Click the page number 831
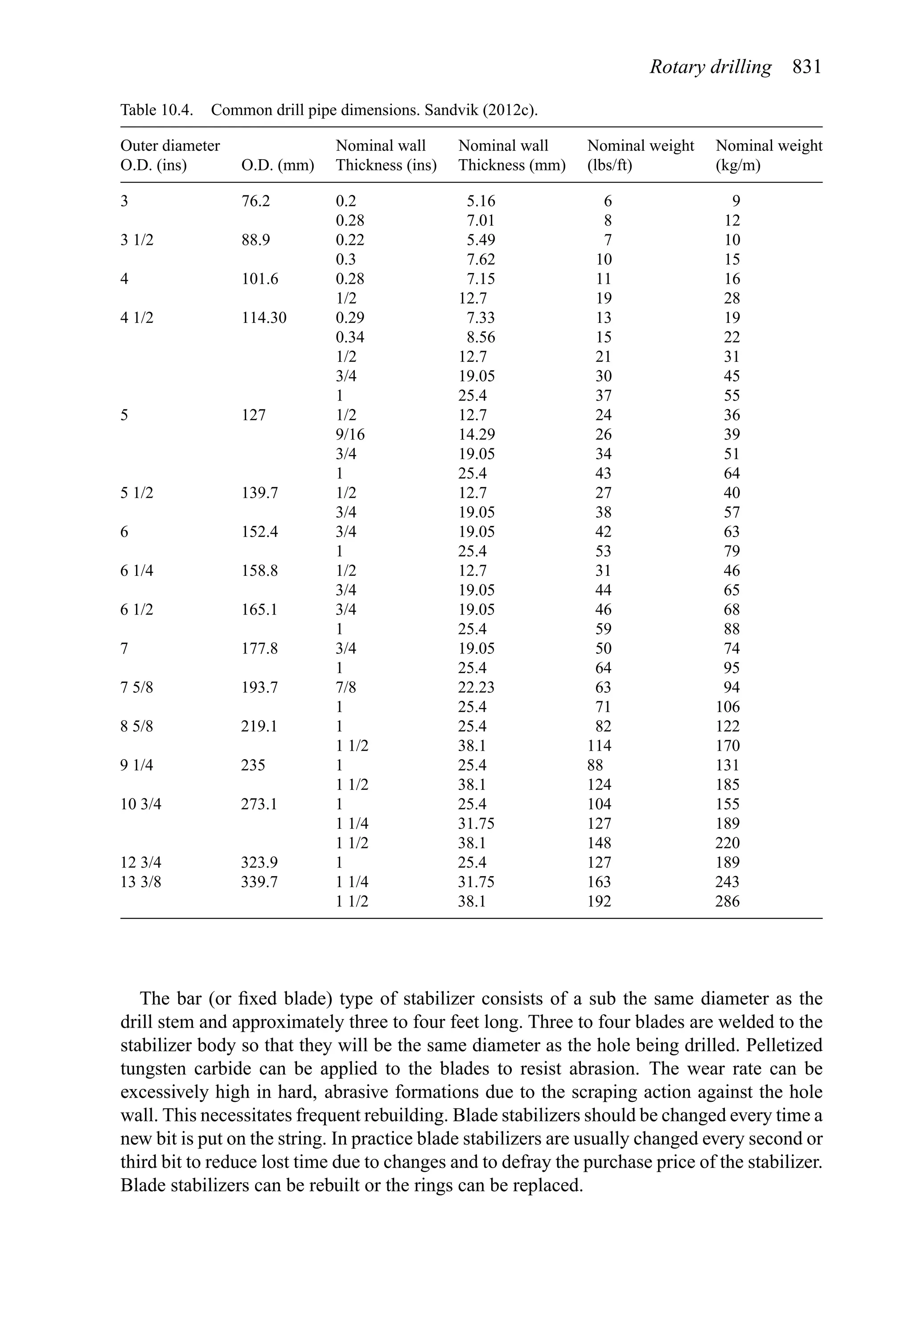point(807,68)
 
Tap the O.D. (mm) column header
point(277,165)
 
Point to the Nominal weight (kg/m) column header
point(768,156)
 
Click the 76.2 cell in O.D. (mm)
point(255,201)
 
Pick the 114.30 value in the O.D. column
point(263,318)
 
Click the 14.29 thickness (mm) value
point(476,434)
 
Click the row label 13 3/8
point(141,881)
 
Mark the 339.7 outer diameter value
point(259,881)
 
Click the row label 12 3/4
point(141,862)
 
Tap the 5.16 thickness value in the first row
point(481,201)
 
